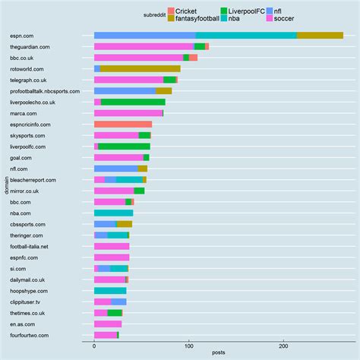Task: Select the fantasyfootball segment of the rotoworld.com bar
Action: pos(140,68)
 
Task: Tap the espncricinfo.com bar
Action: pos(122,124)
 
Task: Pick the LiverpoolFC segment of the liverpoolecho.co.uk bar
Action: pos(133,102)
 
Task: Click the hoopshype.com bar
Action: pos(110,291)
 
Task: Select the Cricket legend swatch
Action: pos(171,11)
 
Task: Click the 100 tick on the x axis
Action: pos(188,346)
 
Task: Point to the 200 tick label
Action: pos(283,346)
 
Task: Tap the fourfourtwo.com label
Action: pos(29,335)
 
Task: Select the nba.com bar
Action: pos(113,213)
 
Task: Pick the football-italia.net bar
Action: pos(112,246)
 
